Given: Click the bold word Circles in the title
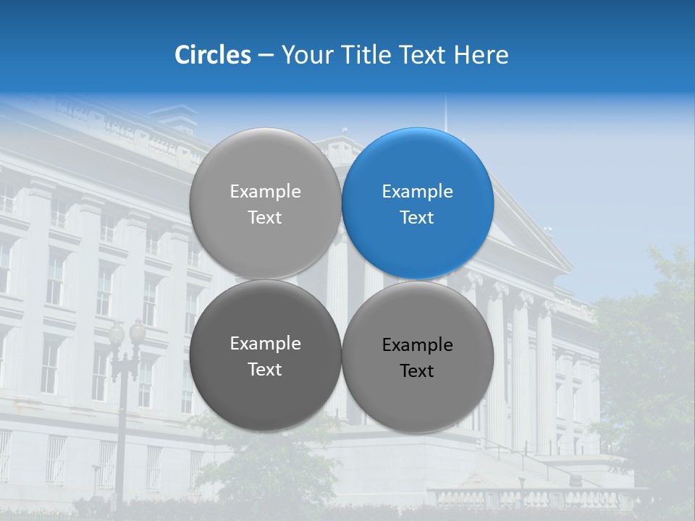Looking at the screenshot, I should [213, 55].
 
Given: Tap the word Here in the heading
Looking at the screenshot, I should [481, 55].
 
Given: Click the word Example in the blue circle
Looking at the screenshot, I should [418, 192].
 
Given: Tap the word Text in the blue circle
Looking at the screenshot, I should [418, 217].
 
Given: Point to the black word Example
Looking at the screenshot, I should [418, 345].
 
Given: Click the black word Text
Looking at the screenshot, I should [418, 371].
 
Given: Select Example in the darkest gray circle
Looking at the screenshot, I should [265, 344].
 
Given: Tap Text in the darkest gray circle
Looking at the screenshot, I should [265, 369].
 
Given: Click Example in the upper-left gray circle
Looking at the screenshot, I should [265, 192].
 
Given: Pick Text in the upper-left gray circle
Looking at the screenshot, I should [265, 217].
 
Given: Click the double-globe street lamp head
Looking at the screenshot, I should [127, 334].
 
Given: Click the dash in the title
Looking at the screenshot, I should [266, 56].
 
